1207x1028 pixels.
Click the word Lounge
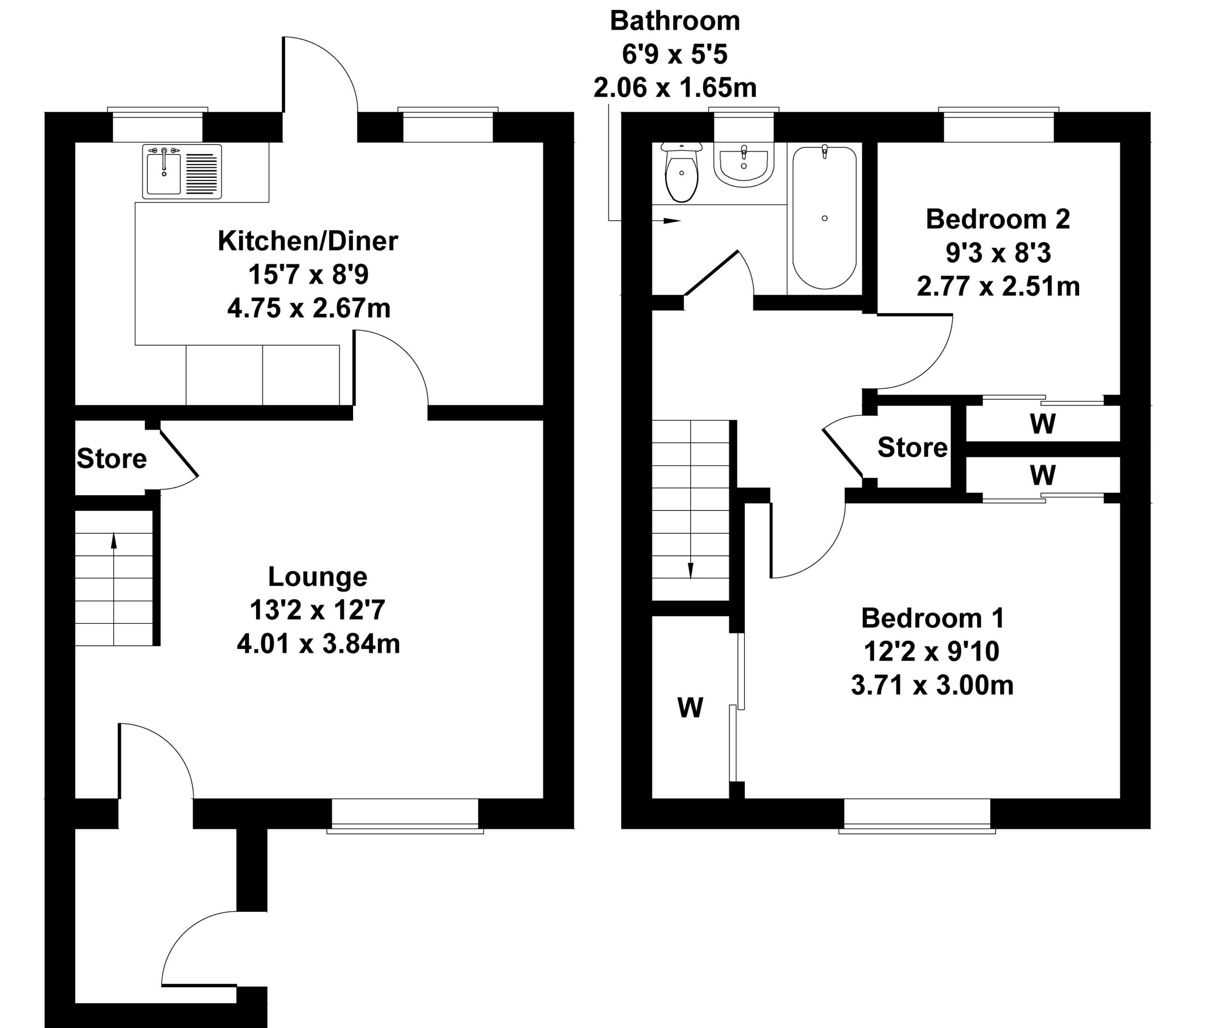tap(317, 577)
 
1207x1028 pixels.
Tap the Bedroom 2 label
tap(998, 219)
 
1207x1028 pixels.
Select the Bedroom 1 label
tap(933, 618)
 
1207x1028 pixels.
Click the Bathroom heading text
tap(675, 21)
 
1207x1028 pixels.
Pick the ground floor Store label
tap(111, 459)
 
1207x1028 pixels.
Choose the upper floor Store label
tap(912, 448)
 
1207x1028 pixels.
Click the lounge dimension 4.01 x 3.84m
tap(318, 645)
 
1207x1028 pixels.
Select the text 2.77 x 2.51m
tap(998, 287)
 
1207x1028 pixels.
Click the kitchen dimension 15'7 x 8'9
tap(308, 274)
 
